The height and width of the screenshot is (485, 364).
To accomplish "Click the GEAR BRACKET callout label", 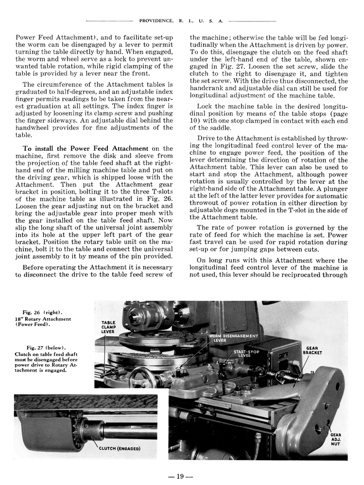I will (311, 351).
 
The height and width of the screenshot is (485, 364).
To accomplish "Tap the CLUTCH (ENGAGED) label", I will (120, 448).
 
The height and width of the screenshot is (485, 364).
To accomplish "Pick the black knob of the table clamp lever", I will (104, 373).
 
